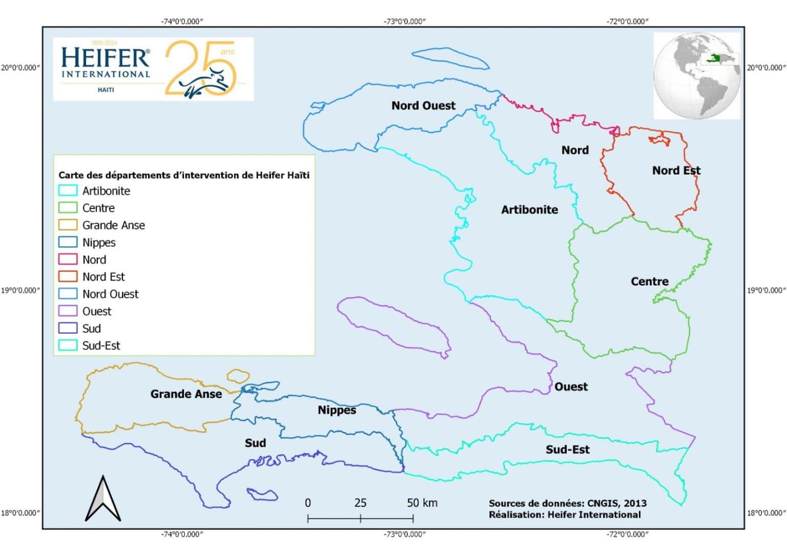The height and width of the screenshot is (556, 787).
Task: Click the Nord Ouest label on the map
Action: click(x=423, y=105)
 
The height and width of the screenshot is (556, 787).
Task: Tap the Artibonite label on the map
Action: click(x=529, y=209)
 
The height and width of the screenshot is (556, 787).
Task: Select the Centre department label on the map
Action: click(x=649, y=281)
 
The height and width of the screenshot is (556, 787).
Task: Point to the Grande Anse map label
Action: click(x=186, y=394)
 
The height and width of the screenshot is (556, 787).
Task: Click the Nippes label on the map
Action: click(x=337, y=410)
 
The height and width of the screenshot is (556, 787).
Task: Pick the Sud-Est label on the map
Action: click(x=567, y=450)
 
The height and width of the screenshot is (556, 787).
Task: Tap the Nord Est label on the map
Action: click(x=676, y=170)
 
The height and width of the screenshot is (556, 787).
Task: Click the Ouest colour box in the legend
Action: click(x=68, y=311)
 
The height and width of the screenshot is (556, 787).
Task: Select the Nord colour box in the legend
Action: click(x=68, y=259)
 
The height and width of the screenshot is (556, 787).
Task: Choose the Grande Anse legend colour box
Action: click(x=68, y=225)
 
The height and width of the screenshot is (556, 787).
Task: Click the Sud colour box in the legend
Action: click(x=68, y=328)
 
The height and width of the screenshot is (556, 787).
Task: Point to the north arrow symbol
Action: click(x=103, y=499)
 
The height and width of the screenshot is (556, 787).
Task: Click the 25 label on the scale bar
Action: click(x=360, y=503)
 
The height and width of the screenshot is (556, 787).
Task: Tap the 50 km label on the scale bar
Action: click(x=422, y=503)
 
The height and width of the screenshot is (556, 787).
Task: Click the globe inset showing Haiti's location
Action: click(x=697, y=76)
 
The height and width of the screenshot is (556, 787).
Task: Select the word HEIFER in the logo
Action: click(x=106, y=58)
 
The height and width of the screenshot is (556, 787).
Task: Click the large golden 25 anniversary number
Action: click(x=200, y=68)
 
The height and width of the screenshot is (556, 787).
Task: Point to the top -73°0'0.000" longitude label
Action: click(x=405, y=22)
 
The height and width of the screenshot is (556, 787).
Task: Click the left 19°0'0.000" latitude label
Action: click(x=20, y=290)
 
